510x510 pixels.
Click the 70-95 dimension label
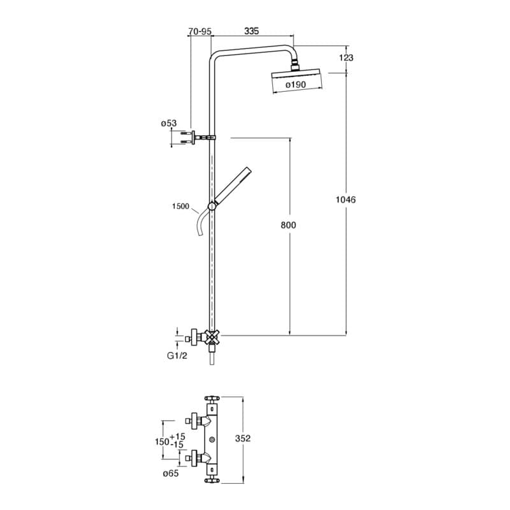(200, 31)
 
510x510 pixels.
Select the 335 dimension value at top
(251, 31)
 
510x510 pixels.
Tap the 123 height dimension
(346, 57)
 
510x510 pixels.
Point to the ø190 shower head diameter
(296, 85)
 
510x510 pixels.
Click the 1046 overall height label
(346, 200)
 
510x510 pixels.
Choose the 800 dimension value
(289, 225)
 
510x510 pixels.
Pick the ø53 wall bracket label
(169, 123)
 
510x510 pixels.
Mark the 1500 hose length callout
(180, 206)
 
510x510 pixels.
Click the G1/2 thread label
(177, 356)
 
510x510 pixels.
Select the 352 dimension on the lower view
(243, 439)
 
